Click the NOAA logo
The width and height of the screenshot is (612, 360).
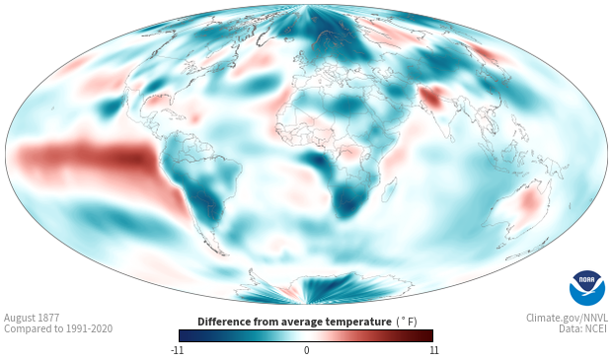(x=587, y=288)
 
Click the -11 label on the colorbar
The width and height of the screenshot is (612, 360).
(x=177, y=350)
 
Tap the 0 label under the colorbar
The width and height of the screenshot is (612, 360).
(x=306, y=350)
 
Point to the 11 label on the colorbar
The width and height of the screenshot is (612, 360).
(x=433, y=350)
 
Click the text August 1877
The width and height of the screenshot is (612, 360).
(x=32, y=318)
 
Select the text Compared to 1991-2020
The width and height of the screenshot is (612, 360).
(x=58, y=328)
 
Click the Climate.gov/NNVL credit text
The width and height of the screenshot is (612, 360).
(x=568, y=318)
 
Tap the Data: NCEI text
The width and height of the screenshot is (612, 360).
(x=583, y=328)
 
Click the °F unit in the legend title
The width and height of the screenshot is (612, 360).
(x=407, y=322)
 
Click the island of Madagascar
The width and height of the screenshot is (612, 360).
(x=389, y=189)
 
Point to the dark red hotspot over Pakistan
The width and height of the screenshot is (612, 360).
(x=431, y=98)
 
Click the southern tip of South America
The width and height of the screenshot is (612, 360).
(x=221, y=254)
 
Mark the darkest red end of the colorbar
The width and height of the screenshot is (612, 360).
(x=429, y=335)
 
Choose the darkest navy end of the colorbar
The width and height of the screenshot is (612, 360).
(x=183, y=335)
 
